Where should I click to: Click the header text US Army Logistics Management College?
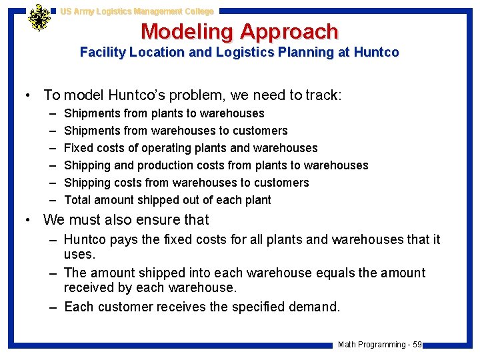(137, 11)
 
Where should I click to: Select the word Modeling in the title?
(187, 31)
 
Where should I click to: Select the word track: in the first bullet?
(323, 95)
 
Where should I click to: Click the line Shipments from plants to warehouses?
(164, 113)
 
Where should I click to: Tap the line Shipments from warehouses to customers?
(175, 131)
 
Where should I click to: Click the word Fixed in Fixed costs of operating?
(78, 148)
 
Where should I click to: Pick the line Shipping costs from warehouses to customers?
(186, 183)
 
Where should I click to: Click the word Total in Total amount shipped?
(78, 200)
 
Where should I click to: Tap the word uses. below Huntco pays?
(78, 255)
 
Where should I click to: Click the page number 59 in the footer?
(417, 345)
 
